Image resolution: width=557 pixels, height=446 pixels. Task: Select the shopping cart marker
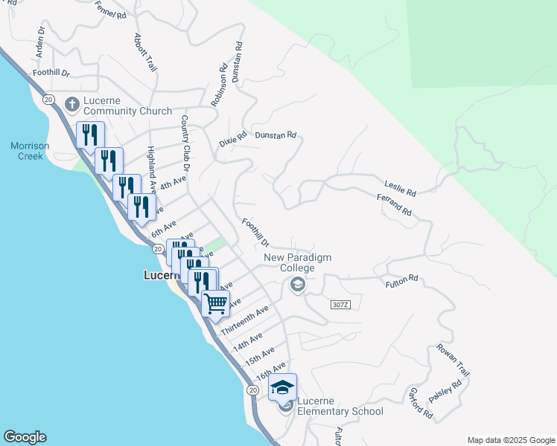coord(215,302)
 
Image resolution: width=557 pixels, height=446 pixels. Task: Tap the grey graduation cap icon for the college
coord(298,285)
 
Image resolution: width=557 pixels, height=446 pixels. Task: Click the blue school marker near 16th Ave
coord(283,387)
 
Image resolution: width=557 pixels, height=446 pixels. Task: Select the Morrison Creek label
coord(30,151)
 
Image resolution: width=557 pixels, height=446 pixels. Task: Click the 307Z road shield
coord(339,305)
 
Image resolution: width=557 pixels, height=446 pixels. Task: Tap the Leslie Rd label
coord(400,187)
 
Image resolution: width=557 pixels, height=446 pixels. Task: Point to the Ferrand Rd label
coord(394,205)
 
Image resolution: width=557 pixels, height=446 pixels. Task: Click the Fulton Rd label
coord(402,282)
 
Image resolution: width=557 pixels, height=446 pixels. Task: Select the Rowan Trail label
coord(453,361)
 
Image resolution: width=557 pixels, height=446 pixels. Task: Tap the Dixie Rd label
coord(232,141)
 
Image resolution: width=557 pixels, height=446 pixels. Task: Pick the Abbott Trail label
coord(146,52)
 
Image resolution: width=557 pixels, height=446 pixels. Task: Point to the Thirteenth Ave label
coord(244,320)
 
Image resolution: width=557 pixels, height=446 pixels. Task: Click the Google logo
coord(25,437)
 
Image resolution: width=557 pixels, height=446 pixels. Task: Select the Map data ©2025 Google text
coord(511,440)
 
